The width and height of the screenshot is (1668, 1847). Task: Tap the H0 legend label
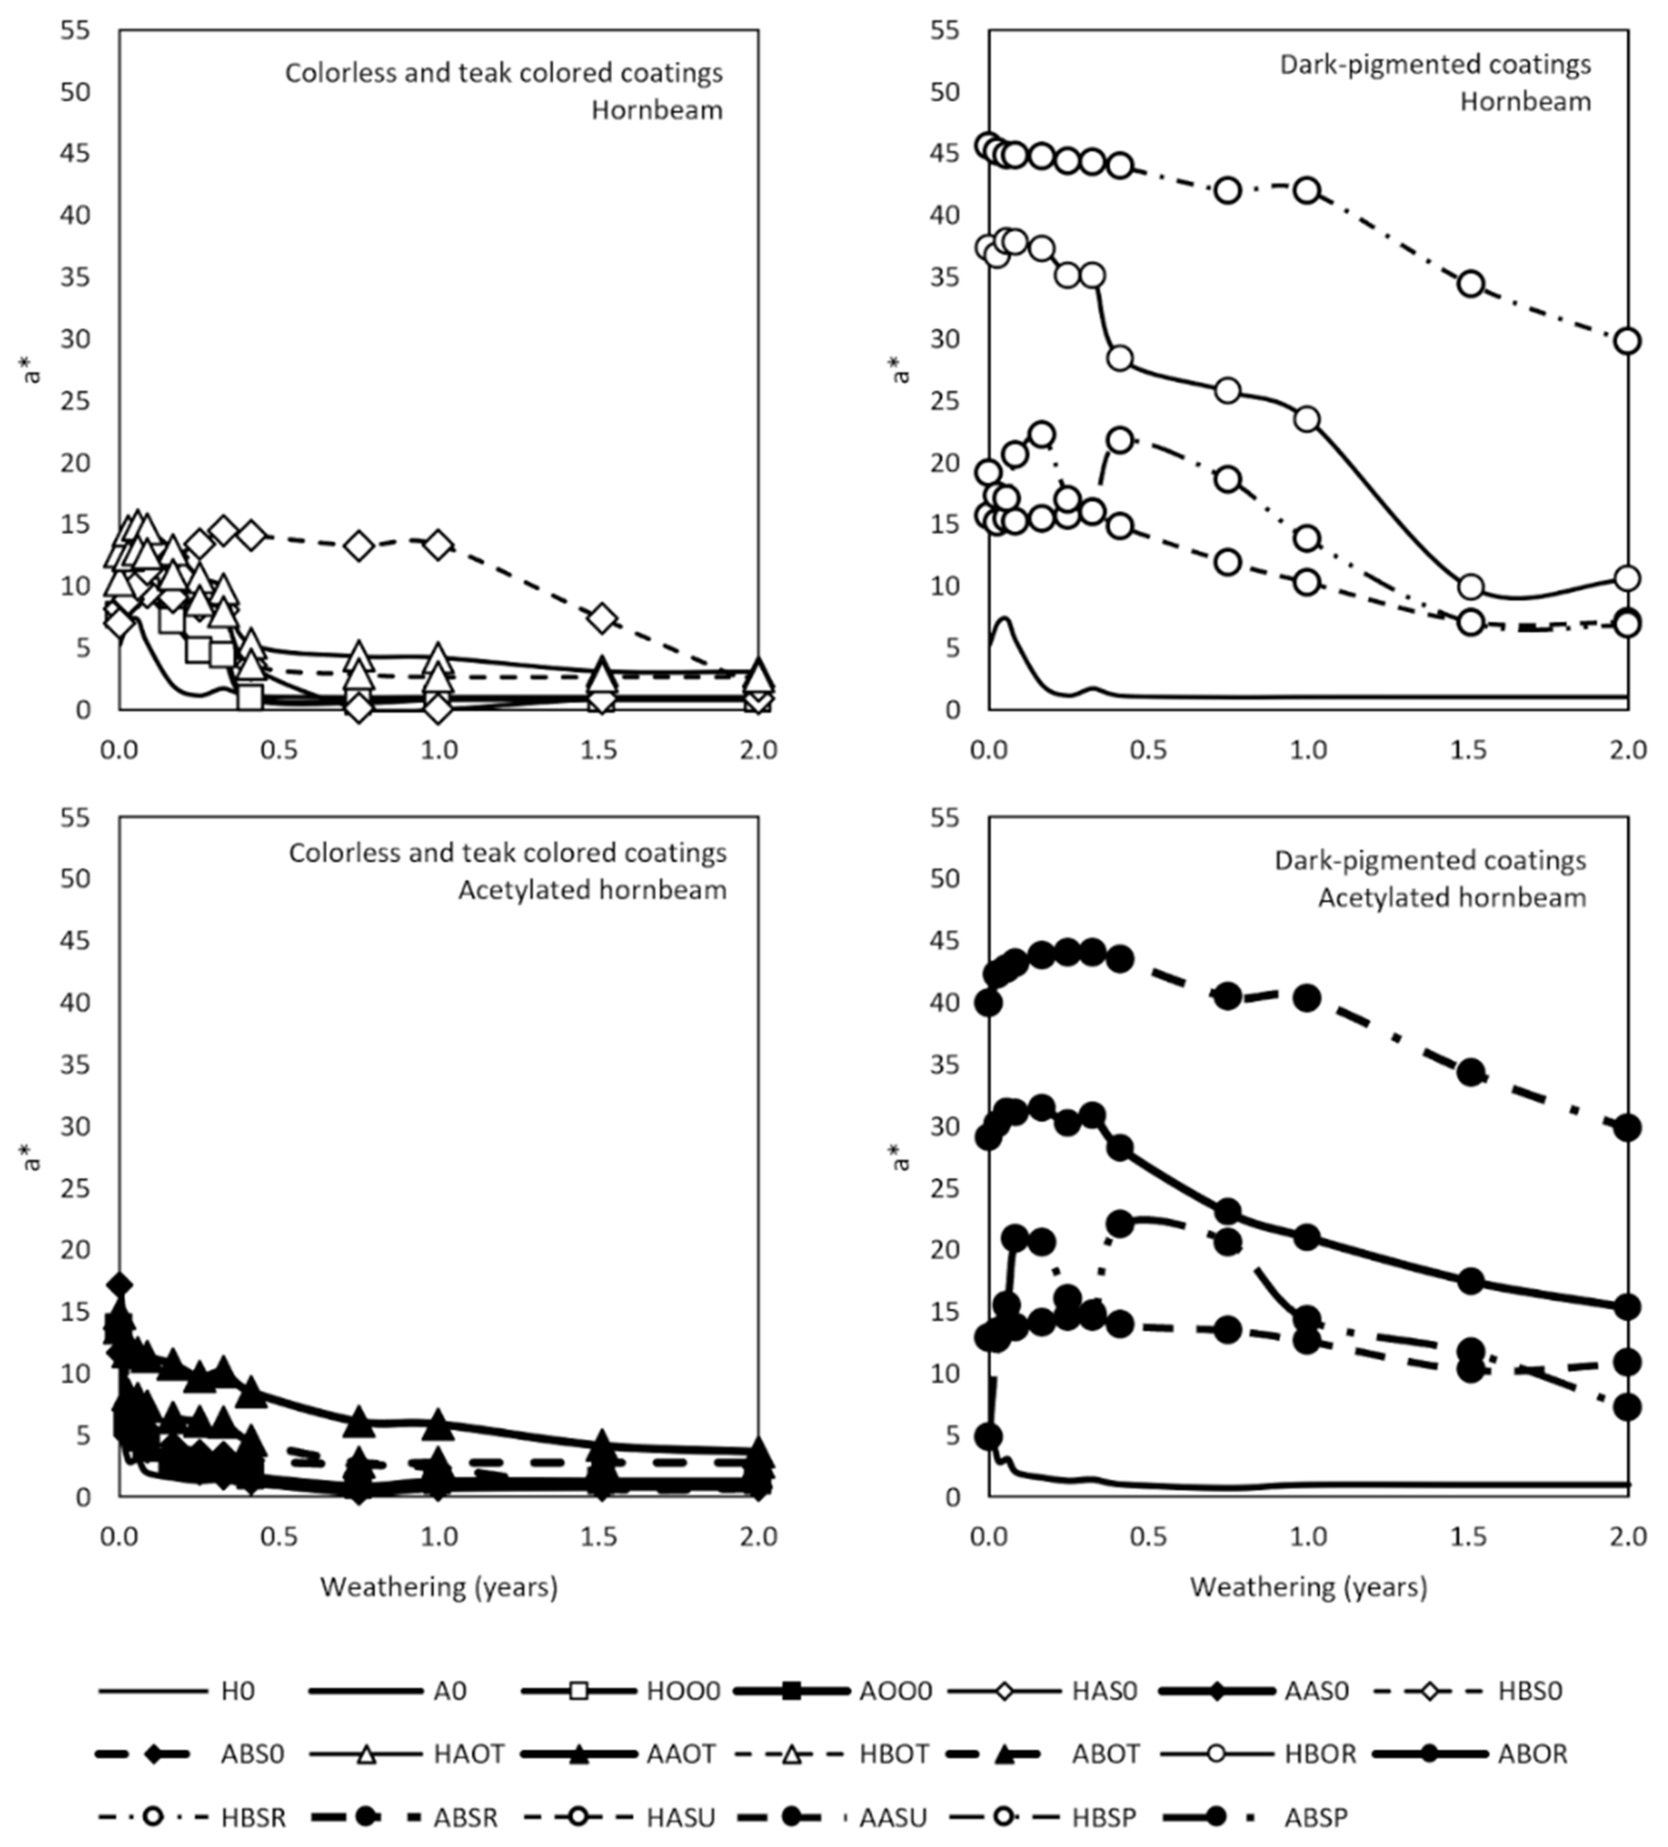[237, 1691]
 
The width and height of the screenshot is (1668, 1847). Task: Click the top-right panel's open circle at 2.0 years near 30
[1628, 341]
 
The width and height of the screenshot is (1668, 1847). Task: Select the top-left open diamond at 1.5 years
[601, 619]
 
